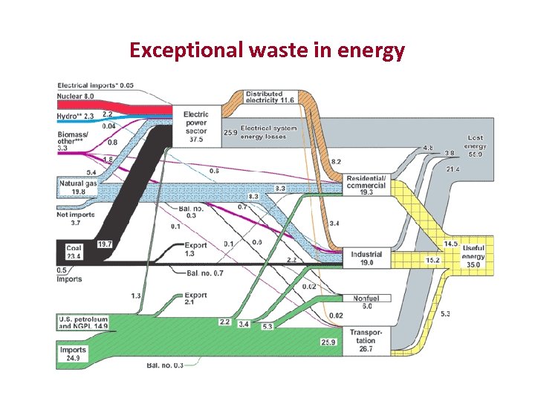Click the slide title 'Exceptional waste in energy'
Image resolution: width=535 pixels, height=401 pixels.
point(267,50)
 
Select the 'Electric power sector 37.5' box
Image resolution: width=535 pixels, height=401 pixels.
point(196,127)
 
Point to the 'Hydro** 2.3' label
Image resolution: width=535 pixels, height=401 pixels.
point(75,117)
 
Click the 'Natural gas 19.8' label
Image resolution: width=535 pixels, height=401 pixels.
point(77,186)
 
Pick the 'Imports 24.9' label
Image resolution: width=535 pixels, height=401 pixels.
point(74,353)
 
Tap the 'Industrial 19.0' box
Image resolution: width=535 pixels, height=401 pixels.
point(366,258)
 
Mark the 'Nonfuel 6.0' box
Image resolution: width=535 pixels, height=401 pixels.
point(366,301)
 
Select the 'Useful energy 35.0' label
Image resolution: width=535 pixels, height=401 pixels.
point(473,252)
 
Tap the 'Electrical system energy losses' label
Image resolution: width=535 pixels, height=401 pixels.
point(268,132)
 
